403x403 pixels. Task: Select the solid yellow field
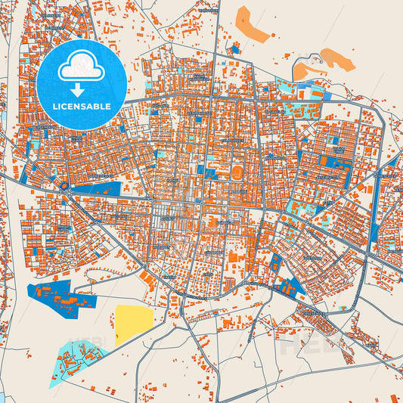click(x=133, y=324)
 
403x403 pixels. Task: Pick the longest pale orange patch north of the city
click(x=253, y=24)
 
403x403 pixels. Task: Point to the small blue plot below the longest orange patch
click(x=234, y=50)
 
